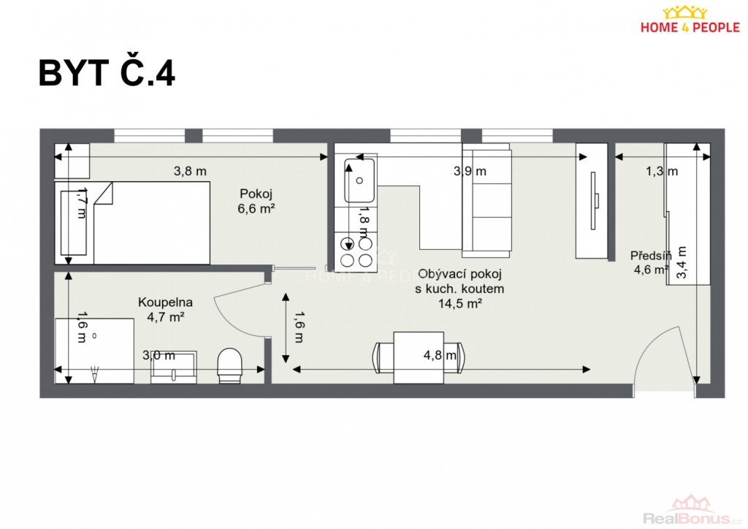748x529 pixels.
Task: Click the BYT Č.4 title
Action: [107, 74]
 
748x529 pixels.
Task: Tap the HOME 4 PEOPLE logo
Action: [690, 20]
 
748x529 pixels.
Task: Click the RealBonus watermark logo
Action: [692, 511]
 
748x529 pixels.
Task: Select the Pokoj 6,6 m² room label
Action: [256, 201]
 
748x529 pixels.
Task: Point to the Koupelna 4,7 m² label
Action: [166, 309]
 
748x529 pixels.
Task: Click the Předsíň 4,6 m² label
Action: [651, 262]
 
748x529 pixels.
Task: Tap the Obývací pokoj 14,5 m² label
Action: [459, 289]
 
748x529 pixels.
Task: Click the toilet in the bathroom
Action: [229, 365]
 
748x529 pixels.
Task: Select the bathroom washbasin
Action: [174, 368]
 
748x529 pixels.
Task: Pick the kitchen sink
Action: [359, 180]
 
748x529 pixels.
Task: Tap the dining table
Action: [419, 358]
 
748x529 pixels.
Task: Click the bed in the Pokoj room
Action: [132, 223]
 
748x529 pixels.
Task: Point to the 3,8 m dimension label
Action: [190, 171]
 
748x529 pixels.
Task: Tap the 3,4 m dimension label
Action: [682, 262]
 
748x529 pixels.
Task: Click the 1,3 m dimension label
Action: [662, 171]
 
